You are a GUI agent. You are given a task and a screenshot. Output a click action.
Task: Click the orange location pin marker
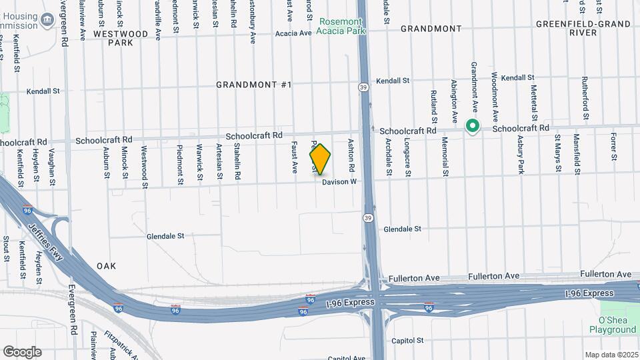[320, 159]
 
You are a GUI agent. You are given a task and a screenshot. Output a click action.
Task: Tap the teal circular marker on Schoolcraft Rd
[473, 125]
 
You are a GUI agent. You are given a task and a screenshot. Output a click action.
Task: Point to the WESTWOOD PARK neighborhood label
[121, 37]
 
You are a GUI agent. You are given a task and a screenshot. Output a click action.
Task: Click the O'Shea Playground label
[612, 324]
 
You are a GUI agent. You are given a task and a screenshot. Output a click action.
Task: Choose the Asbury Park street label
[521, 155]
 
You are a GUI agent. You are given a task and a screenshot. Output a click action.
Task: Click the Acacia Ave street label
[293, 33]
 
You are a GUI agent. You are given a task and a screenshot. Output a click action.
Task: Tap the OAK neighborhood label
[106, 265]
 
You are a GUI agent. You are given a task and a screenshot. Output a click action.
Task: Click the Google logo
[22, 352]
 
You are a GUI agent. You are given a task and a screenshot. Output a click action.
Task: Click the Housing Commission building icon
[47, 21]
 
